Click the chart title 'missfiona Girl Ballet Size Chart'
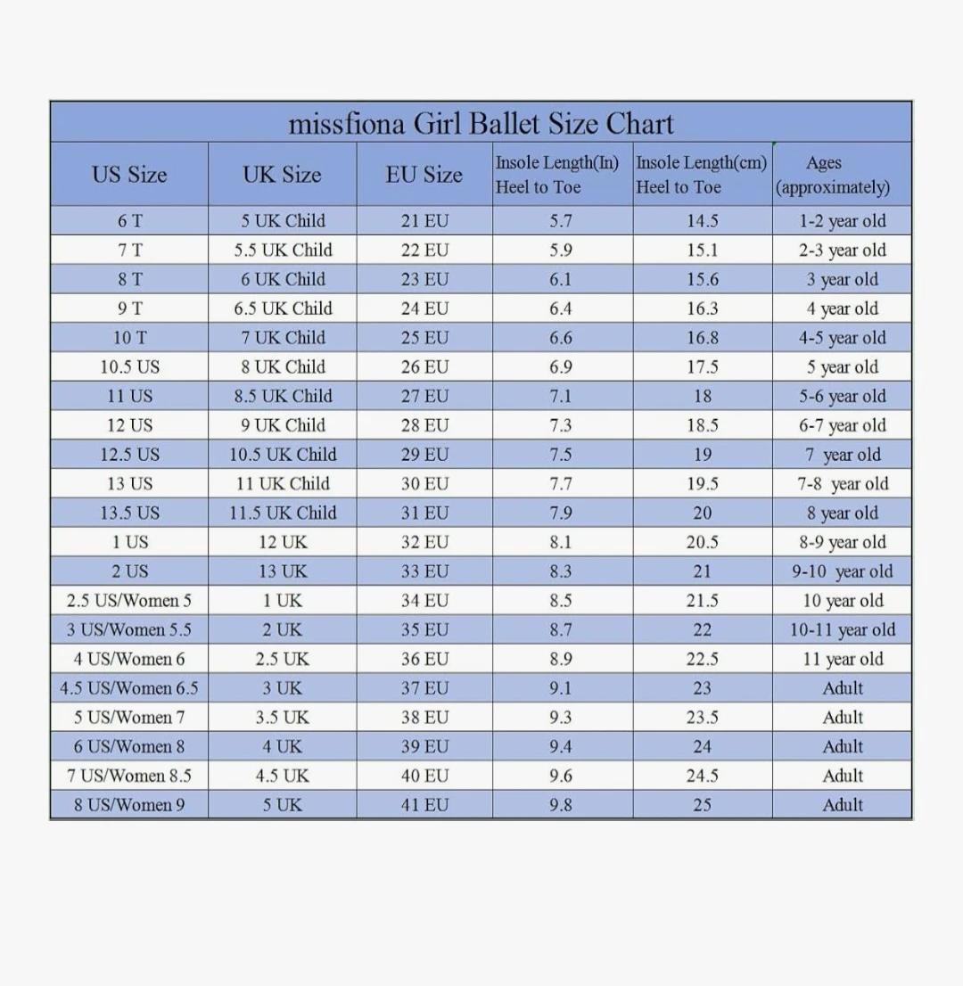tap(481, 123)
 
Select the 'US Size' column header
tap(129, 175)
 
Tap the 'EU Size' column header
tap(424, 175)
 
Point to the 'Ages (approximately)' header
tap(833, 175)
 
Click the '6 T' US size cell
tap(129, 221)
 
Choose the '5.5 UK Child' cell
tap(283, 251)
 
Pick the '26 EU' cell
tap(424, 367)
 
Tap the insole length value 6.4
tap(561, 309)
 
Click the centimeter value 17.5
tap(703, 367)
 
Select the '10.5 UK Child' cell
tap(283, 455)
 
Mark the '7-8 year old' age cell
tap(843, 484)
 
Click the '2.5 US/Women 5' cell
tap(129, 601)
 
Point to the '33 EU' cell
tap(424, 571)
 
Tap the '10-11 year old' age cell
tap(843, 630)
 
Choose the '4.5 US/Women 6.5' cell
tap(129, 688)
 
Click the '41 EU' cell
tap(424, 805)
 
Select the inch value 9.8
tap(561, 805)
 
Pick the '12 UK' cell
tap(283, 542)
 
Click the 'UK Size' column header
tap(283, 175)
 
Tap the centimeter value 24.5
tap(703, 776)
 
